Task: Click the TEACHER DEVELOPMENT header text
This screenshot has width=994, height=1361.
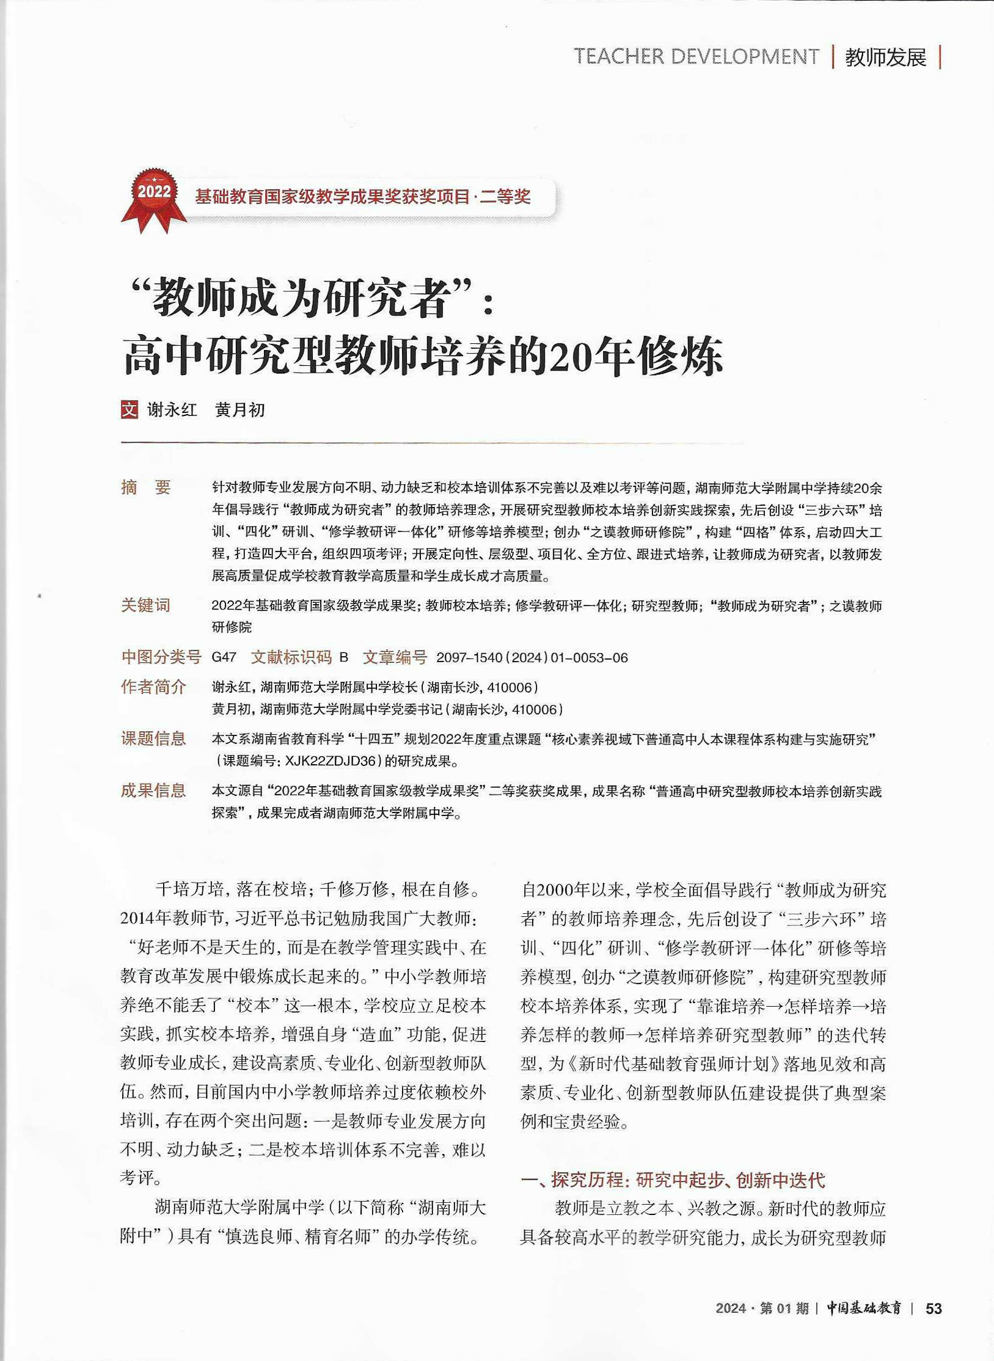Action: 696,57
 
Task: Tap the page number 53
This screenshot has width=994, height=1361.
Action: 934,1308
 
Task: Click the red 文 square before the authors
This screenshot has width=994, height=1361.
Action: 130,409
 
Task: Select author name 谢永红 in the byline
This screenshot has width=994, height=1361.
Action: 172,410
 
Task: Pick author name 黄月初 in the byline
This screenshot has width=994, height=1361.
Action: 240,410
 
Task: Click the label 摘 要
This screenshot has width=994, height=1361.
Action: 146,487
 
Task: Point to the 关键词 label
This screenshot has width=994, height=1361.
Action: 145,605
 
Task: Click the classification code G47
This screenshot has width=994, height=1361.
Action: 224,657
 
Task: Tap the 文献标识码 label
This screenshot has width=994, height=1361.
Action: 291,657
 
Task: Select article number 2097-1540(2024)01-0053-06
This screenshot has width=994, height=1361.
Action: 532,658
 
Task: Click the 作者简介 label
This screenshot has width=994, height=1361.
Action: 153,687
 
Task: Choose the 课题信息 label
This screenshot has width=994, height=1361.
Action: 153,739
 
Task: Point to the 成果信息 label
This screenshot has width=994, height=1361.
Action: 153,791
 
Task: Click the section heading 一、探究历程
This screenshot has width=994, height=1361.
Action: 672,1180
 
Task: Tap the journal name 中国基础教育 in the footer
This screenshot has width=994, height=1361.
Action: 864,1308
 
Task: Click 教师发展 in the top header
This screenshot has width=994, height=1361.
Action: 885,57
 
